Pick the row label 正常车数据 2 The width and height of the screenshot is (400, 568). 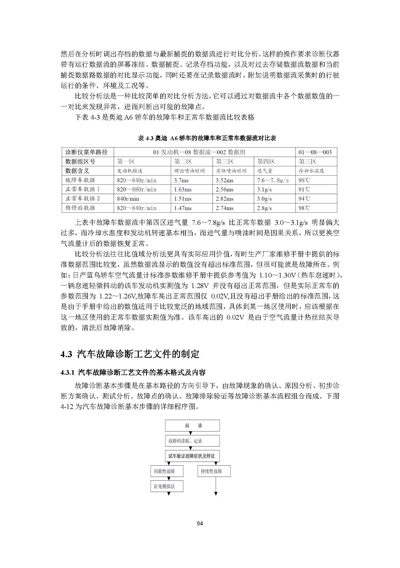(x=82, y=198)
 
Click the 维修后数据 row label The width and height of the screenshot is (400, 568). (x=80, y=208)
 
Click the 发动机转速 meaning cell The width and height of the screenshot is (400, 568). (x=129, y=171)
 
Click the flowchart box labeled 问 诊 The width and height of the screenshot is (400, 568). (x=192, y=425)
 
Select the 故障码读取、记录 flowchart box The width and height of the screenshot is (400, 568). (x=192, y=441)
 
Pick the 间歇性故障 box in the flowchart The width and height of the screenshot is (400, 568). (x=167, y=471)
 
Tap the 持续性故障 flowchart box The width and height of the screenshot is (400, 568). (x=214, y=471)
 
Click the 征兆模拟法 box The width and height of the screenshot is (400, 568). (x=167, y=486)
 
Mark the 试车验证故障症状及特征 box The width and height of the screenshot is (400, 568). (x=192, y=456)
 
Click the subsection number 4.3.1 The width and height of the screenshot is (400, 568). (x=68, y=372)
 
